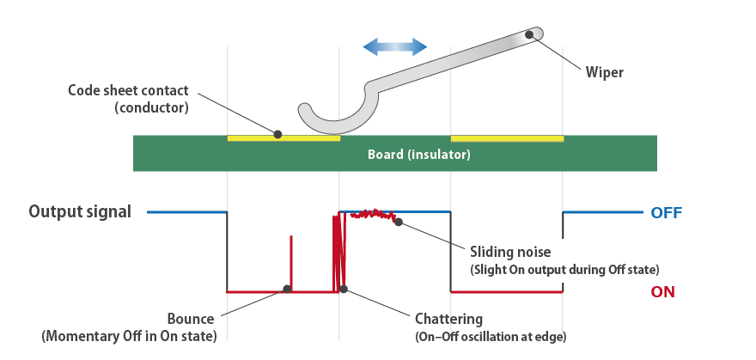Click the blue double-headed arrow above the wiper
(x=394, y=46)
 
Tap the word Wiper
(x=604, y=72)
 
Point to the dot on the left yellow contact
(x=277, y=133)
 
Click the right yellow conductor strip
(x=507, y=137)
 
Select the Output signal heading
(x=80, y=211)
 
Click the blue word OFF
(x=666, y=213)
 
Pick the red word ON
(x=662, y=292)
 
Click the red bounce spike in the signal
(x=291, y=258)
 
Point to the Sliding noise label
(x=510, y=253)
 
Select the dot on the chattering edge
(x=344, y=289)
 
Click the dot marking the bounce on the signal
(x=287, y=289)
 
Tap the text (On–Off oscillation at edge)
(x=491, y=335)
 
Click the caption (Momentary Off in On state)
(x=130, y=335)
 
